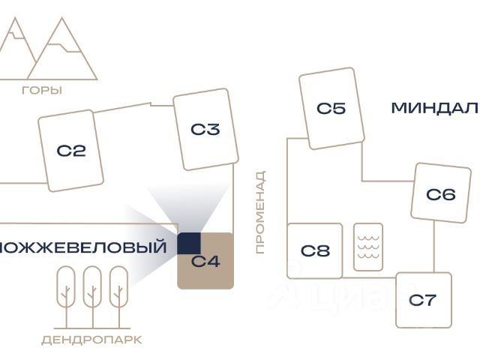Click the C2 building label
(x=71, y=151)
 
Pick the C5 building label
(x=331, y=109)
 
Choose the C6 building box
(x=440, y=193)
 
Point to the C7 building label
(x=422, y=301)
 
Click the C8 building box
(x=315, y=250)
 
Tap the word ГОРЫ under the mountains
(x=42, y=91)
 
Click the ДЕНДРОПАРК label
(x=91, y=340)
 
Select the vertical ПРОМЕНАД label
(x=260, y=212)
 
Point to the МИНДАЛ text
(x=434, y=109)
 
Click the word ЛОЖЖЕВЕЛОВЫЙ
(x=83, y=247)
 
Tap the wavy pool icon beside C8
(x=368, y=247)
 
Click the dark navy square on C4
(x=189, y=244)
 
